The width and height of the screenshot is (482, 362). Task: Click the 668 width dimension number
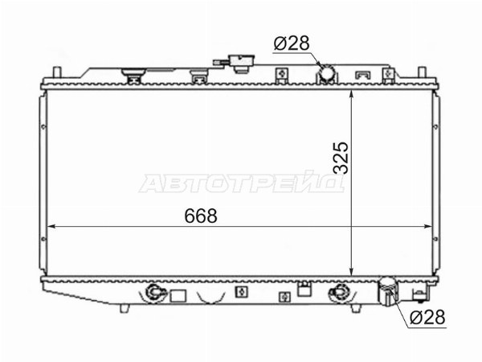tap(201, 216)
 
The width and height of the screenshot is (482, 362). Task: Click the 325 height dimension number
tap(341, 158)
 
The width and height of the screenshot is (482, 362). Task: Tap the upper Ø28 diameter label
tap(291, 43)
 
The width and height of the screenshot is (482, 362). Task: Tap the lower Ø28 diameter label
tap(427, 317)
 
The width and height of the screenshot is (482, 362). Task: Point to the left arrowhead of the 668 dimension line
tap(51, 227)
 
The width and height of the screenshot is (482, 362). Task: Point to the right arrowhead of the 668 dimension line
tap(428, 227)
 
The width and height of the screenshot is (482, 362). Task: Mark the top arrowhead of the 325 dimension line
tap(352, 94)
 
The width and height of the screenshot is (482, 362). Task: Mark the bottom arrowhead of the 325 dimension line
tap(352, 272)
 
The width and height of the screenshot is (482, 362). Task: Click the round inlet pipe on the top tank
tap(326, 72)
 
